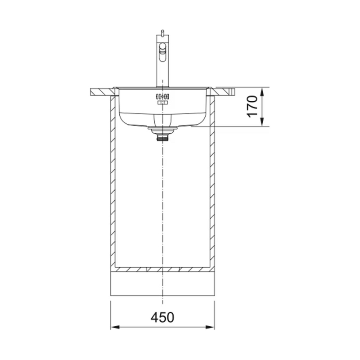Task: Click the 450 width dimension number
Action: pos(162,317)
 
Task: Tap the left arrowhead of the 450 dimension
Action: pos(114,327)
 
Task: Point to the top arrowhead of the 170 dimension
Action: pos(263,89)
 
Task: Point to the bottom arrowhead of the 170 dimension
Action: pos(263,125)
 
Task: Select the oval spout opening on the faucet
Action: pos(162,54)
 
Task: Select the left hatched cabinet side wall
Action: pos(112,180)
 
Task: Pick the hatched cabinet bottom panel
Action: pos(162,270)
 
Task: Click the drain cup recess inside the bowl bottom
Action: pos(162,120)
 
